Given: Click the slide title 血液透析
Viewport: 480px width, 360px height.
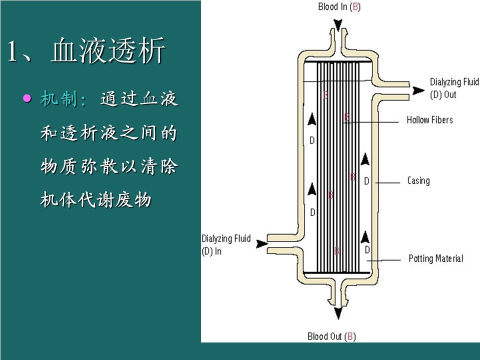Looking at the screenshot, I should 107,51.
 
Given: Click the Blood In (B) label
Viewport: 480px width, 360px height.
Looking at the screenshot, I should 339,7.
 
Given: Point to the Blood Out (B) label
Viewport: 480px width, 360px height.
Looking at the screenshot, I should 331,336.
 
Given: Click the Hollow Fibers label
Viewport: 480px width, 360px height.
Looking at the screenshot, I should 429,120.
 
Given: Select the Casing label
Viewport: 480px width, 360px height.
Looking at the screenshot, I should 418,180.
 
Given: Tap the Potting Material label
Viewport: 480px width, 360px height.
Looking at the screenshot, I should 435,258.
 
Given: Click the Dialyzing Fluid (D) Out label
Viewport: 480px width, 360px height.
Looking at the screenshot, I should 454,88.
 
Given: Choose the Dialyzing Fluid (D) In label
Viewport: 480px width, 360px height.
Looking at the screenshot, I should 226,244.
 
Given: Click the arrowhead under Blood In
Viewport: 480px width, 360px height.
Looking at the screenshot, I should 338,24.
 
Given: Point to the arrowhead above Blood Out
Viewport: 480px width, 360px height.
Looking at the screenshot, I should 338,313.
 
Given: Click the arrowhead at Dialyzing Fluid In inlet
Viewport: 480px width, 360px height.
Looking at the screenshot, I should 261,243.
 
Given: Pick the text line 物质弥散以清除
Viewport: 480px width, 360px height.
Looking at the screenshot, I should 108,166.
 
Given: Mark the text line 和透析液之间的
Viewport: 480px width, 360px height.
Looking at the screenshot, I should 108,133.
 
